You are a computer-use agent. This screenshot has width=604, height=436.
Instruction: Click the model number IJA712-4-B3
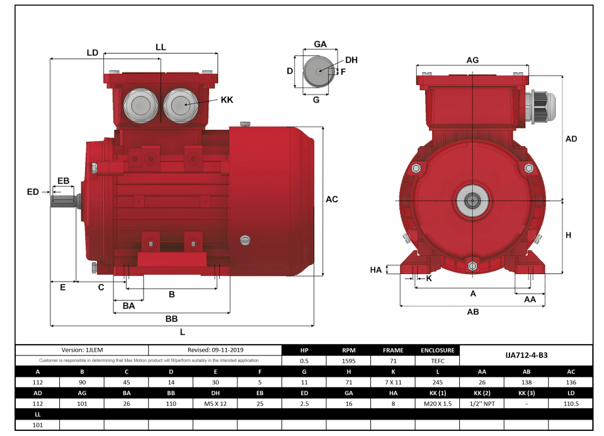526,355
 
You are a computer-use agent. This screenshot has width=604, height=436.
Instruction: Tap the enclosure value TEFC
437,361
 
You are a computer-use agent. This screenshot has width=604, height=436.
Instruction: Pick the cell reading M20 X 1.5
437,403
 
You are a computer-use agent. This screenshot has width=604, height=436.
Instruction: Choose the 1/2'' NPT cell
482,403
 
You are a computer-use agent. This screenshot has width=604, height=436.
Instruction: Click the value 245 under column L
437,382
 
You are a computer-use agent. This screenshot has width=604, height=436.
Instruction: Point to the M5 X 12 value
215,403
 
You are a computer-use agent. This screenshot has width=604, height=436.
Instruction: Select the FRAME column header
393,350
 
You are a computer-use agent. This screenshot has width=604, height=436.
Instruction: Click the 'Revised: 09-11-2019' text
215,350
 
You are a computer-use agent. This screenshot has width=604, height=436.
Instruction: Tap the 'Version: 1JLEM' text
81,350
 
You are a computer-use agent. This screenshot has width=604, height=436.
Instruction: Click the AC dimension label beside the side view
331,199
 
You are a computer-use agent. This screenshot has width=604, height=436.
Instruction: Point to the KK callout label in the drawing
227,100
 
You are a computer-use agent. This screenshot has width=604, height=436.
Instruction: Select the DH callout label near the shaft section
351,60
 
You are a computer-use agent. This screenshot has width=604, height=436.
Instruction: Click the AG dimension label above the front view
472,60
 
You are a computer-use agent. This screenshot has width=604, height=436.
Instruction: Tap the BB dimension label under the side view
171,319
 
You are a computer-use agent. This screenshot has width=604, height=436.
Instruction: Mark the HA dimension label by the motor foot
375,270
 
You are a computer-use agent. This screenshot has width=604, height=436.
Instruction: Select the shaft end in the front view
472,201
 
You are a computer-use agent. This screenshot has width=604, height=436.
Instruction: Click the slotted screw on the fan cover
245,239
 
